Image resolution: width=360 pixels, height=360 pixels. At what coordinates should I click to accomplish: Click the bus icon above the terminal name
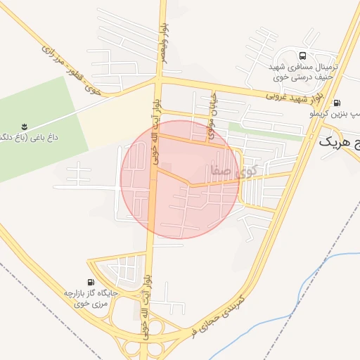(x=302, y=56)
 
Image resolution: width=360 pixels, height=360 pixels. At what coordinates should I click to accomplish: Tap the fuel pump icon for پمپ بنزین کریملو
(x=337, y=102)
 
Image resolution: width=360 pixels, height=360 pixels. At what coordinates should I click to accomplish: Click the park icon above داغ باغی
(x=24, y=127)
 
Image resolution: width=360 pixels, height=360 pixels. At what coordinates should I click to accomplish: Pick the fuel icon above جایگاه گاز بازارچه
(x=89, y=282)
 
